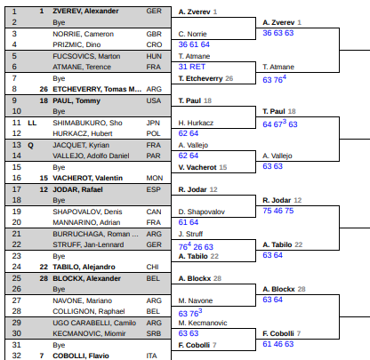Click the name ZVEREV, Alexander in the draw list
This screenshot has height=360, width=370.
click(x=85, y=12)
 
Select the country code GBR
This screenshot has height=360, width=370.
click(x=154, y=34)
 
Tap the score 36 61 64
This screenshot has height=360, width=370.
click(x=194, y=44)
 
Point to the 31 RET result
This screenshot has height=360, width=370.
click(x=192, y=67)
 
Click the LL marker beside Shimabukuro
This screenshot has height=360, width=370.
click(x=32, y=123)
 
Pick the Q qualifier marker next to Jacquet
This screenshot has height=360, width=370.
click(x=30, y=146)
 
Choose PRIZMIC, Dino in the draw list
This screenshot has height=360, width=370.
click(x=76, y=44)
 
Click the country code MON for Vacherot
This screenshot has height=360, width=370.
click(x=155, y=178)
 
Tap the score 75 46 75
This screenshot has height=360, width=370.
click(x=278, y=211)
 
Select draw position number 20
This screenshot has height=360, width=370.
click(x=17, y=222)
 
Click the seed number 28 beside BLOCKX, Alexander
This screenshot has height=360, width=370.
click(x=44, y=278)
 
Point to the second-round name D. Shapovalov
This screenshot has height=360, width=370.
click(x=202, y=212)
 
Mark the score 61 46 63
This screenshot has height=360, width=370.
click(x=278, y=344)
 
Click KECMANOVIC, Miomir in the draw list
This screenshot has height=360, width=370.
click(x=89, y=333)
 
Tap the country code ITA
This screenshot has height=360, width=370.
click(x=151, y=356)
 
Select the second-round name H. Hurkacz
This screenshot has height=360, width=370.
click(x=196, y=123)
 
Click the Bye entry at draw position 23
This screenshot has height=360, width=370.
click(x=59, y=257)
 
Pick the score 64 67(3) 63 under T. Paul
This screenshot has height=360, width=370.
click(x=280, y=124)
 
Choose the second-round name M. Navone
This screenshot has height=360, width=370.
click(x=196, y=300)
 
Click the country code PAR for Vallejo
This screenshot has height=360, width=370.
click(x=153, y=156)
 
